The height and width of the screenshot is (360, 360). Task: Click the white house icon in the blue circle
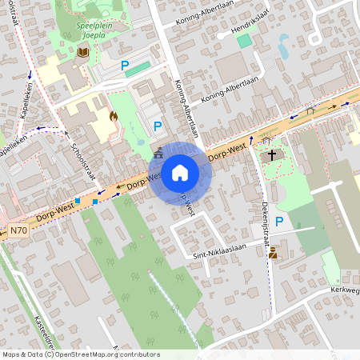tap(180, 172)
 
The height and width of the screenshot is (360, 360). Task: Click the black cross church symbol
tap(272, 154)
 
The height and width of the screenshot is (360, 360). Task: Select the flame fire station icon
tap(113, 116)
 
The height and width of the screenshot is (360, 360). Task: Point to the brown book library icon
tap(82, 52)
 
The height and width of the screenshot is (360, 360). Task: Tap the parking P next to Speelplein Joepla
tap(124, 66)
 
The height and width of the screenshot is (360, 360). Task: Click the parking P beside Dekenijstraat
tap(278, 222)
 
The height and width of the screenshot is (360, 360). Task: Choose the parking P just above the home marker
tap(158, 126)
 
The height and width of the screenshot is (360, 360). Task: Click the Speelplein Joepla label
tap(84, 30)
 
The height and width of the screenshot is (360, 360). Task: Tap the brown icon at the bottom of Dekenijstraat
tap(274, 254)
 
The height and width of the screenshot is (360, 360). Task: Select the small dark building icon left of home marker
tap(158, 153)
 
